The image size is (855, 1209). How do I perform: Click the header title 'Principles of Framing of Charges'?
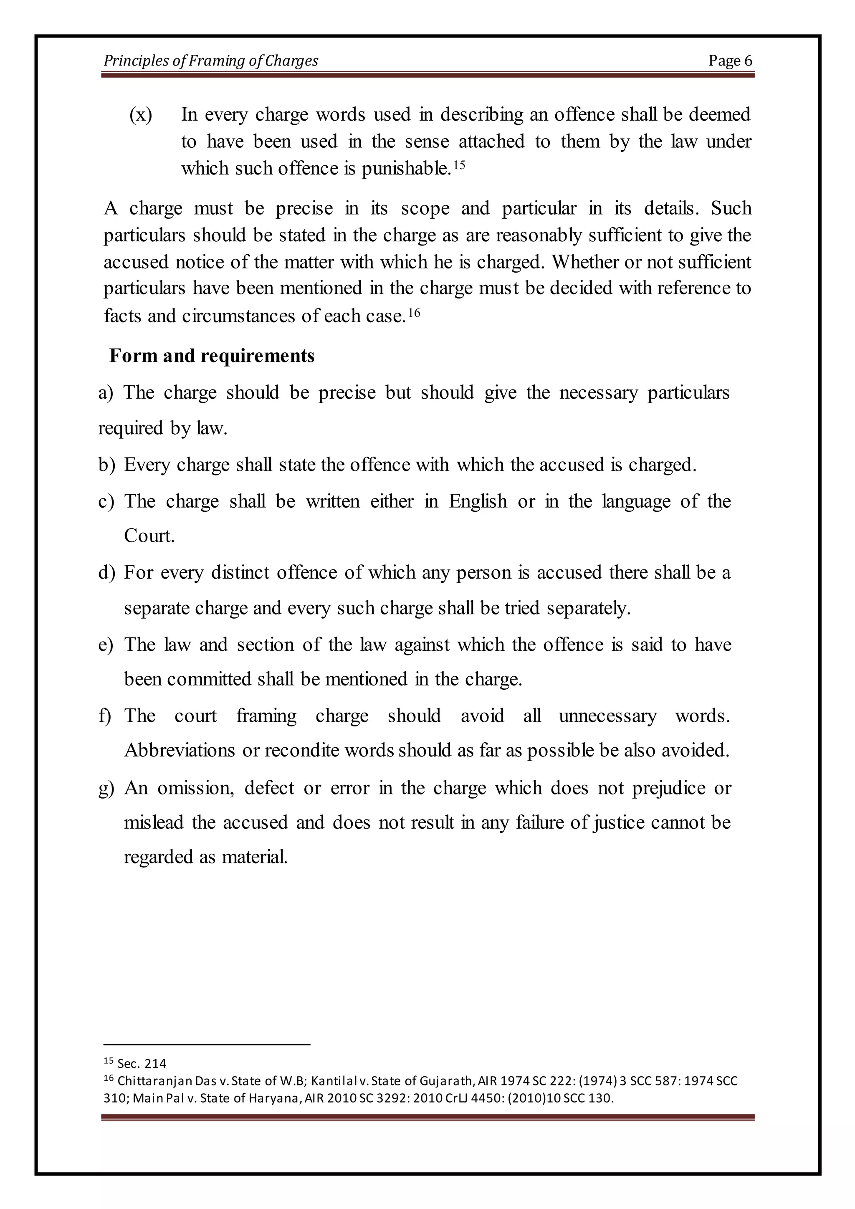coord(210,61)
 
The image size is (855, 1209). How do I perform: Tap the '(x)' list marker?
coord(141,115)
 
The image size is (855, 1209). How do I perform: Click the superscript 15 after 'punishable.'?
coord(459,165)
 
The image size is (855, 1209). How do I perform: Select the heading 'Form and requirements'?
coord(212,356)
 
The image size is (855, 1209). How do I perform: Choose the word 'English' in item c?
coord(478,501)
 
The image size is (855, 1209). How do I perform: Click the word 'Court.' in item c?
coord(149,536)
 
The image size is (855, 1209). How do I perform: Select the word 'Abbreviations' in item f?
coord(180,750)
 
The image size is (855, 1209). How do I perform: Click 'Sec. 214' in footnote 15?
coord(142,1064)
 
